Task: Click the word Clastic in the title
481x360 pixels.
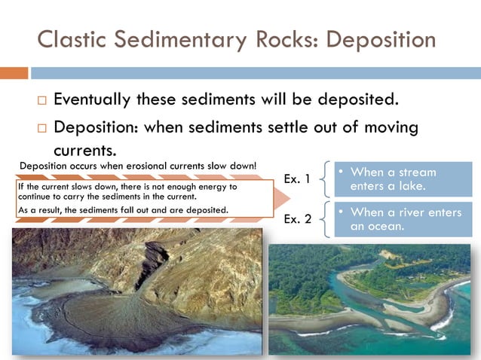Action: [70, 38]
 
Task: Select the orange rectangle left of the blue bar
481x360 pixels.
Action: [14, 73]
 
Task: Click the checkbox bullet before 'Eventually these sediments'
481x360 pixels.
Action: [41, 100]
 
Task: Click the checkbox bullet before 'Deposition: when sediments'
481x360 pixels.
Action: [41, 127]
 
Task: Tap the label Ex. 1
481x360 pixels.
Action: [297, 178]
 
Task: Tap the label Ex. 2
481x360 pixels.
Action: [297, 219]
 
